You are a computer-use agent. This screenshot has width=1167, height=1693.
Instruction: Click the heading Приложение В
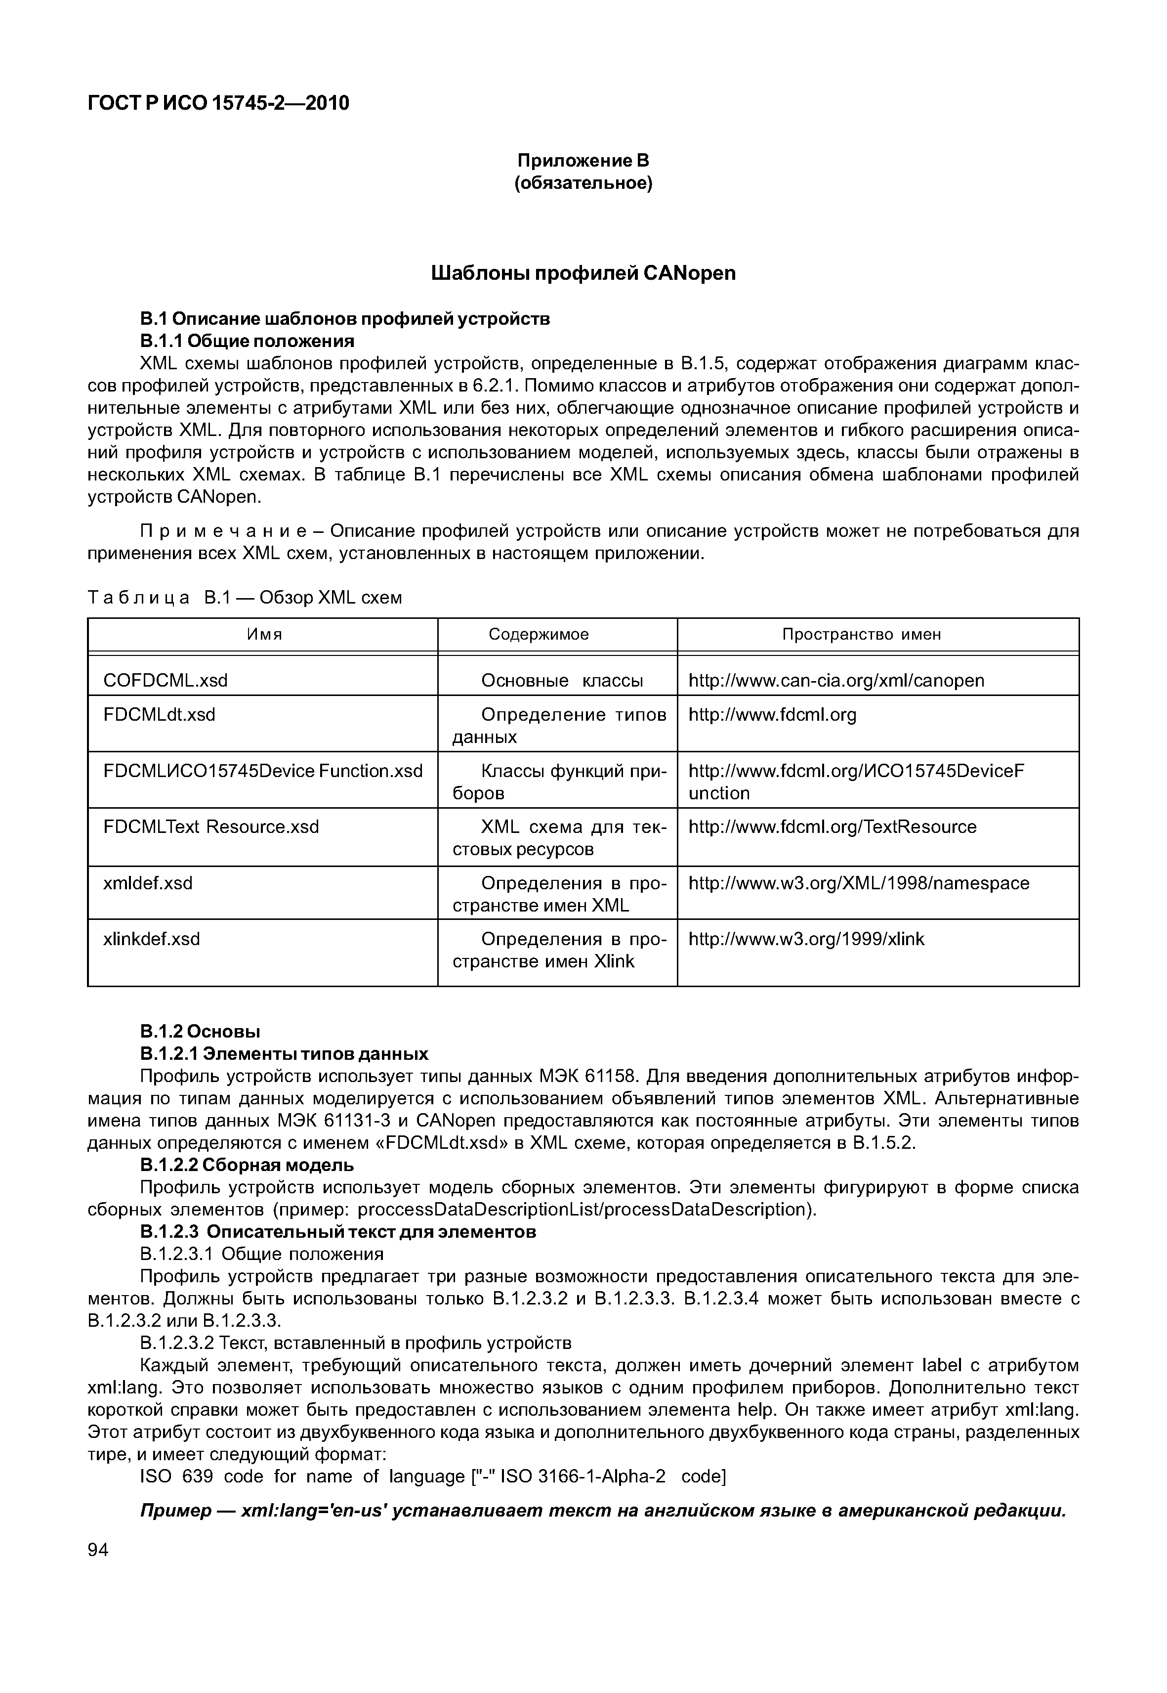pos(583,160)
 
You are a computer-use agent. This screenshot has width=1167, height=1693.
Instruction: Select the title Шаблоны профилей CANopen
pos(583,274)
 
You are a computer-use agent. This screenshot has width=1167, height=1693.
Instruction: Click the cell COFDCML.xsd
pos(166,681)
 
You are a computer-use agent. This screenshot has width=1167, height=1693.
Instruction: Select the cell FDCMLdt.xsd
pos(160,715)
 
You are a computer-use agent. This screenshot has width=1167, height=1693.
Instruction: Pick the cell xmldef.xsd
pos(148,884)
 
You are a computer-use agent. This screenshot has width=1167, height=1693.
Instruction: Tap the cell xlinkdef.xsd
pos(152,939)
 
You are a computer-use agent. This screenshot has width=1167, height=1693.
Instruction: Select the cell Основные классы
pos(562,681)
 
